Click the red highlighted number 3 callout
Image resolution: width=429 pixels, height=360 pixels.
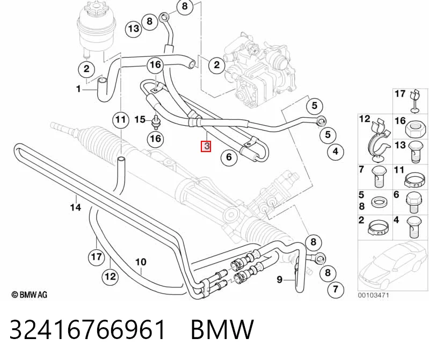(x=206, y=146)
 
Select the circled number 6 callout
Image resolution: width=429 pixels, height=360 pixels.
(x=229, y=157)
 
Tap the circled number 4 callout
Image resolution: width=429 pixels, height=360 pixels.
(x=336, y=151)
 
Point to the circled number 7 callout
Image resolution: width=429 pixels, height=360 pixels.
(x=336, y=289)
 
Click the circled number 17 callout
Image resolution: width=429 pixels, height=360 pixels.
(x=96, y=257)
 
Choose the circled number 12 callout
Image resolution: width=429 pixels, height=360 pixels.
(x=110, y=276)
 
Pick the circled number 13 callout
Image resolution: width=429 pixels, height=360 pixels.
(x=134, y=28)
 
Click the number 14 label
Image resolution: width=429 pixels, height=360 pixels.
(x=76, y=207)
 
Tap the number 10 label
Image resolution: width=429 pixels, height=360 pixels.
(x=141, y=262)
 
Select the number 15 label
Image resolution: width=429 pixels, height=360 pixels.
(x=140, y=119)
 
